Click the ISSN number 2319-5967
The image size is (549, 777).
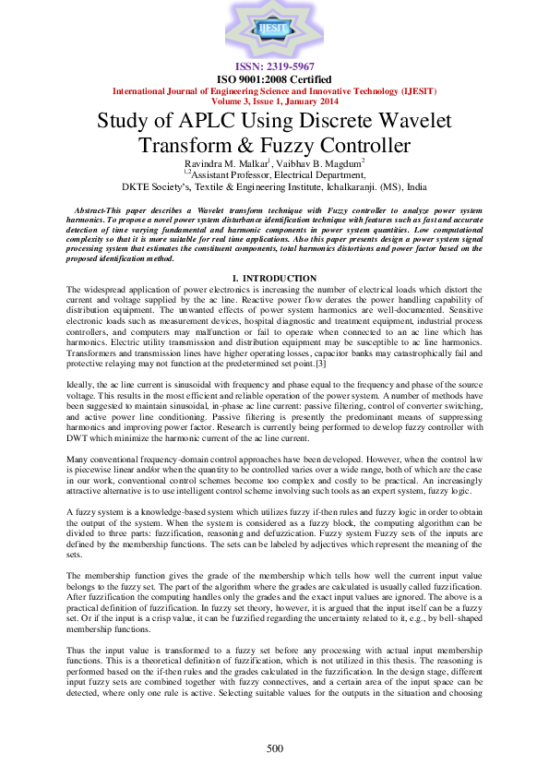[274, 67]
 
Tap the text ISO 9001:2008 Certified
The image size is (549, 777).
[274, 79]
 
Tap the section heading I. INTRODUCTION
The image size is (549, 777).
[274, 278]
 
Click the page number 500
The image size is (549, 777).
[274, 747]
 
